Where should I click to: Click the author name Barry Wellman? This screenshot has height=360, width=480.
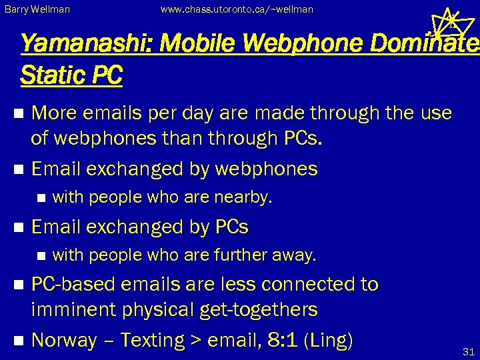point(37,10)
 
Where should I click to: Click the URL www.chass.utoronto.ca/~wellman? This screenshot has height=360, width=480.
point(237,10)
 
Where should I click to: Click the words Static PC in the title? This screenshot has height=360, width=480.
point(71,75)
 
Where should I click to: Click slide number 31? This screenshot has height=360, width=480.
point(467,351)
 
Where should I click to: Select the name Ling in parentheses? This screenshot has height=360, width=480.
point(327,341)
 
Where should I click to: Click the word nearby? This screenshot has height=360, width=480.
point(247,197)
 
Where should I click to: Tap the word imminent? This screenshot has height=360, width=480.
point(77,310)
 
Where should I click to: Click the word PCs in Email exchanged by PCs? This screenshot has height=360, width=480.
point(231,227)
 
